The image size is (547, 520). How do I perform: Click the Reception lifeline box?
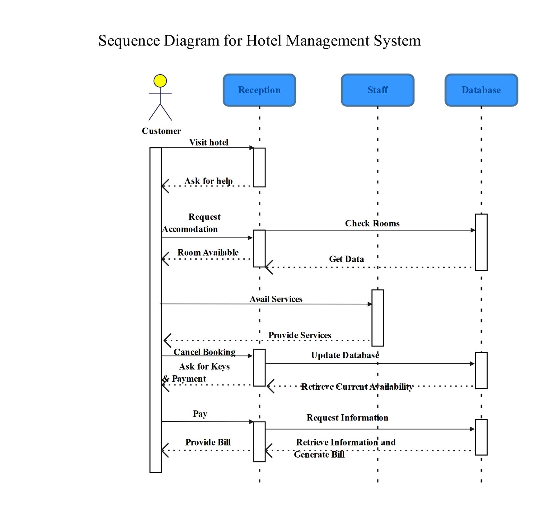pyautogui.click(x=259, y=90)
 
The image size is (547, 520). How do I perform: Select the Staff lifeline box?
pyautogui.click(x=378, y=90)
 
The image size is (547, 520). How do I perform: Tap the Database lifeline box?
pyautogui.click(x=481, y=90)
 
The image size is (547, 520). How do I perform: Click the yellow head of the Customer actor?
pyautogui.click(x=160, y=81)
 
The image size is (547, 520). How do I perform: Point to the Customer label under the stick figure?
pyautogui.click(x=161, y=131)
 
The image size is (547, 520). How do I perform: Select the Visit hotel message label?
pyautogui.click(x=209, y=142)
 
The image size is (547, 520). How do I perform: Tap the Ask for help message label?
pyautogui.click(x=208, y=181)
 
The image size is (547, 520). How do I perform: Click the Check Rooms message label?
pyautogui.click(x=372, y=224)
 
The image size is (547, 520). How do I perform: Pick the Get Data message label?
pyautogui.click(x=347, y=259)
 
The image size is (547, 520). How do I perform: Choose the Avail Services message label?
pyautogui.click(x=276, y=299)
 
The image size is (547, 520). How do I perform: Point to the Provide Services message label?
pyautogui.click(x=300, y=335)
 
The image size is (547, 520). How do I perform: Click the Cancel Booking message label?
pyautogui.click(x=205, y=352)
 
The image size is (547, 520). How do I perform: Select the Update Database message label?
pyautogui.click(x=345, y=355)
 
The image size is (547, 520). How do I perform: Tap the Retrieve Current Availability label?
pyautogui.click(x=357, y=387)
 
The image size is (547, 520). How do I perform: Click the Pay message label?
pyautogui.click(x=200, y=414)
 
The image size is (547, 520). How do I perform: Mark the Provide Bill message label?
pyautogui.click(x=208, y=442)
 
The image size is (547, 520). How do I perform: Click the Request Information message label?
pyautogui.click(x=348, y=418)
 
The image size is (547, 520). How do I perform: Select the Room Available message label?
pyautogui.click(x=208, y=253)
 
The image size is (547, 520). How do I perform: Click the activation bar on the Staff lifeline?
pyautogui.click(x=378, y=318)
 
